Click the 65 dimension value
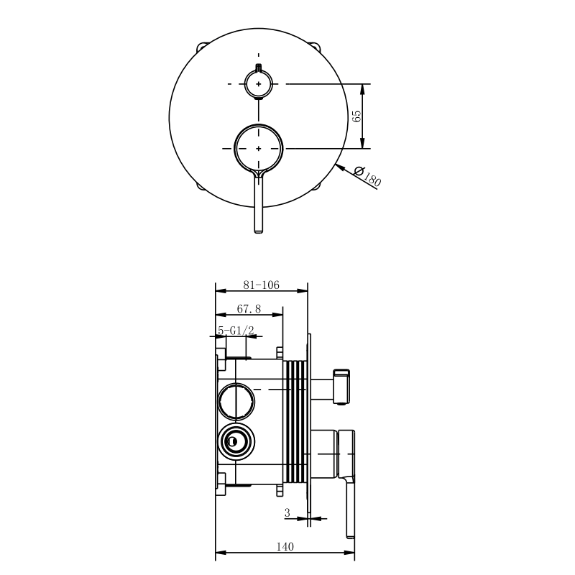point(356,116)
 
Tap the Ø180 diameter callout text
point(368,176)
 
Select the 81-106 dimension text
point(261,285)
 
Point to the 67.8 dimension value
point(249,309)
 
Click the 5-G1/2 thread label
point(236,330)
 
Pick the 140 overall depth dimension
point(285,547)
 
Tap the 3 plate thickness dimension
point(287,512)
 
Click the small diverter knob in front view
point(259,83)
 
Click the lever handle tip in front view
point(259,230)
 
